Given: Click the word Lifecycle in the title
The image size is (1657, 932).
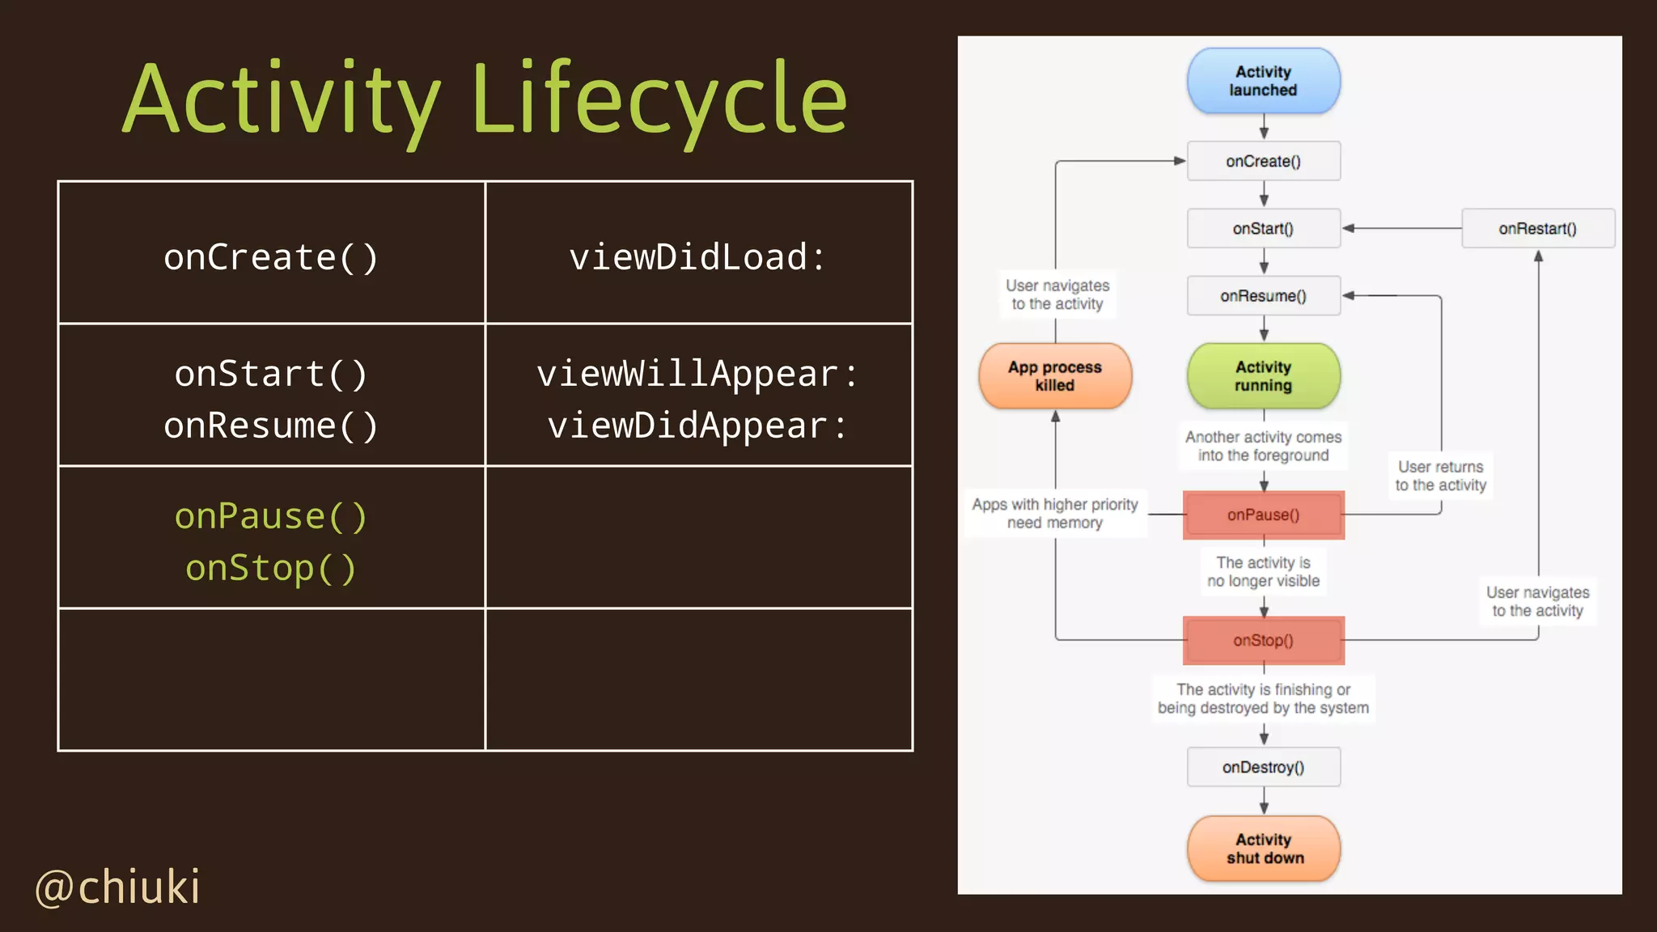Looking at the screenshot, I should (x=659, y=101).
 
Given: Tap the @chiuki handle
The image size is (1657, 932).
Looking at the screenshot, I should (x=118, y=887).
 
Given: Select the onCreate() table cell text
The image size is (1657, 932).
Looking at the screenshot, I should (x=271, y=257).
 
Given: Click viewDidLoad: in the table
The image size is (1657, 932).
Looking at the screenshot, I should (x=697, y=257).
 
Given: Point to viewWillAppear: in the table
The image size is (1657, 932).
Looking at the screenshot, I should (x=697, y=374).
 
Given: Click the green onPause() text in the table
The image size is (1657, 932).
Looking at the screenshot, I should (x=271, y=516).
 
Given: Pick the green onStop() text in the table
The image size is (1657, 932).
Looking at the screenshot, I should (x=271, y=568).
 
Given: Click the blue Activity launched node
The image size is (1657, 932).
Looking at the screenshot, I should (x=1263, y=81).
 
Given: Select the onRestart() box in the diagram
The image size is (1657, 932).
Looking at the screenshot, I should (x=1537, y=228).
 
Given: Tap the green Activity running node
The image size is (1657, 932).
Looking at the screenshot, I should (x=1263, y=376).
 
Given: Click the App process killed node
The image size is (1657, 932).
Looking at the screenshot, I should (x=1054, y=376).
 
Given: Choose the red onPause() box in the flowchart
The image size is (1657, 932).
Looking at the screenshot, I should (x=1263, y=515).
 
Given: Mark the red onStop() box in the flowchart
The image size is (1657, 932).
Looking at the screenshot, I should (x=1263, y=640).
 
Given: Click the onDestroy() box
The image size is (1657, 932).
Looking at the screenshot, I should (x=1263, y=767).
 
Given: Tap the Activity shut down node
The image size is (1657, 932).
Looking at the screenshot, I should (x=1263, y=849).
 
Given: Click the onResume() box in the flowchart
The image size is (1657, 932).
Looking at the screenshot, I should (x=1263, y=296).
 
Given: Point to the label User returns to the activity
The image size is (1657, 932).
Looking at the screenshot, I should (x=1440, y=476).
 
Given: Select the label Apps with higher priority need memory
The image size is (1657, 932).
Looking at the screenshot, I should (x=1054, y=513).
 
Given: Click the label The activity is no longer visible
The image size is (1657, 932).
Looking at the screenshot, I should (x=1263, y=571).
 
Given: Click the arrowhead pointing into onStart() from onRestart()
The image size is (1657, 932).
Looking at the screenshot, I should (x=1349, y=228).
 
